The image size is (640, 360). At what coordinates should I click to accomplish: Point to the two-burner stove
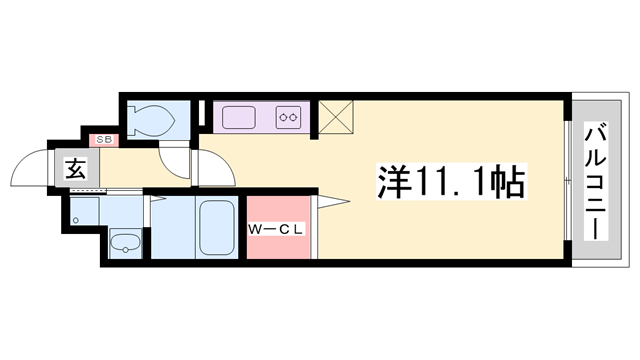[x=290, y=117]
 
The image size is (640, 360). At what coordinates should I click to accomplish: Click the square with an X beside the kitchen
[x=334, y=116]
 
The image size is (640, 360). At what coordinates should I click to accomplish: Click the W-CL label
[x=276, y=229]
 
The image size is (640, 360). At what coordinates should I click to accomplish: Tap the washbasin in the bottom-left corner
[x=124, y=243]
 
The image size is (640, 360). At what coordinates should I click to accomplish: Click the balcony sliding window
[x=568, y=181]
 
